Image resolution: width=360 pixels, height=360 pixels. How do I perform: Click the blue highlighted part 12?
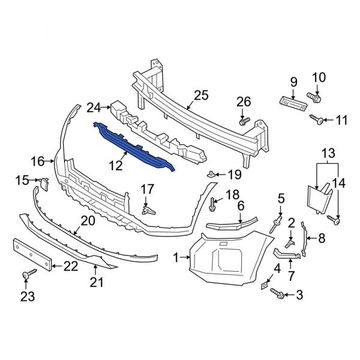133,146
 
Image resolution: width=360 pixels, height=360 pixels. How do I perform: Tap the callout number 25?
201,95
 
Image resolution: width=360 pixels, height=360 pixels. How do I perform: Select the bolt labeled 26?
244,121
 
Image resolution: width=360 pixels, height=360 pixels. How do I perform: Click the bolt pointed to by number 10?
314,98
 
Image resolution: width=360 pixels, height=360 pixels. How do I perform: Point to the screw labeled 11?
317,119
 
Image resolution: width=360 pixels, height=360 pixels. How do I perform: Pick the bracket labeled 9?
293,104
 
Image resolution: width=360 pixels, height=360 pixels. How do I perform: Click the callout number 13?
328,153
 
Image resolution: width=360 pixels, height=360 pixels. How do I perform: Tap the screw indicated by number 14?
334,220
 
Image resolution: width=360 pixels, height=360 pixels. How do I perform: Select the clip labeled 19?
211,174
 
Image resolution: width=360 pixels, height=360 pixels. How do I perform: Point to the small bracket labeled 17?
148,210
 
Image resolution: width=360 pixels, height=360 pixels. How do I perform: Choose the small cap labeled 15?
44,184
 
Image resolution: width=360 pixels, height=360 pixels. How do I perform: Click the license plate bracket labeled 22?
32,254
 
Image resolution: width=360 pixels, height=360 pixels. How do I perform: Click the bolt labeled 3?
277,293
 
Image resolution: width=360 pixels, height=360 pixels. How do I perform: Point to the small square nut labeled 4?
264,286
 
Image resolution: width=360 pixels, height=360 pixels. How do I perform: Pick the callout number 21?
97,282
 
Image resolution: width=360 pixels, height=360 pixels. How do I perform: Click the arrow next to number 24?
106,107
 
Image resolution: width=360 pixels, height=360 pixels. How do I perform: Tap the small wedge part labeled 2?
290,244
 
